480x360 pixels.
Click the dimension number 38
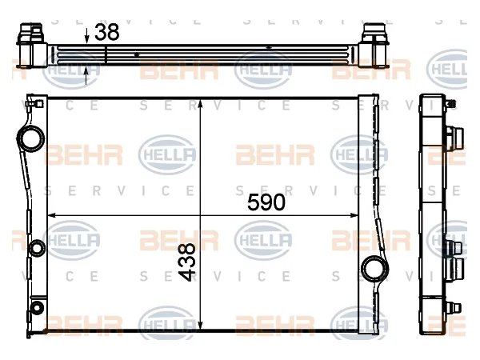click(x=107, y=32)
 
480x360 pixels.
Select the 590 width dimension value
click(x=266, y=202)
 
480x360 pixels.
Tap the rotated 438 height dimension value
click(x=186, y=262)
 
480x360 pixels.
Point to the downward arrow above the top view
click(x=87, y=35)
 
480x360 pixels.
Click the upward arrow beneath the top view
click(x=86, y=76)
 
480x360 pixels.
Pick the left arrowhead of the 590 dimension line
click(x=51, y=215)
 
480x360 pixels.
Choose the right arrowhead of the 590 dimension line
click(x=354, y=215)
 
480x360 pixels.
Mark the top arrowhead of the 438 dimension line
click(x=200, y=103)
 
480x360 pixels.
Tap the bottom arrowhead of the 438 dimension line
click(x=200, y=326)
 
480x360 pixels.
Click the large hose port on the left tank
click(x=30, y=139)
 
